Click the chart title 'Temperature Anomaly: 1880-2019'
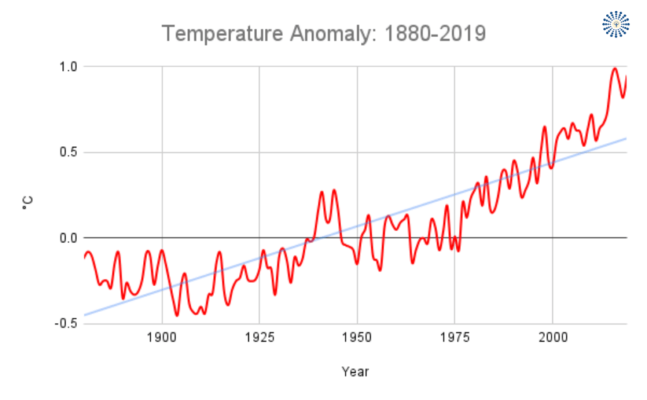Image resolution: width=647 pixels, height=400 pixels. pos(323,33)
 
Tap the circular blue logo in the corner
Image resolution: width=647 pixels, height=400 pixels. pos(615,24)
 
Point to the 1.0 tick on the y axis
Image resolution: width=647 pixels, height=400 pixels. pos(67,66)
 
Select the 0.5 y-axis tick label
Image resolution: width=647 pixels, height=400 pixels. pos(67,152)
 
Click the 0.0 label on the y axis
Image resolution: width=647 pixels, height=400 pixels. pos(67,238)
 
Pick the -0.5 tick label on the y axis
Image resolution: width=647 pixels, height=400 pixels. pos(65,324)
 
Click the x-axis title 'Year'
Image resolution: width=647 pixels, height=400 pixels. pos(355,372)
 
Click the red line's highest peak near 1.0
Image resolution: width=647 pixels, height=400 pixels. pos(614,68)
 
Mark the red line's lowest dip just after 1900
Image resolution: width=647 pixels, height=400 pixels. pos(177,315)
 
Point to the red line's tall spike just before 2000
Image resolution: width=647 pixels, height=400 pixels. pos(544,127)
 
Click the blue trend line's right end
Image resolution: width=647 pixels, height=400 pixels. pos(626,138)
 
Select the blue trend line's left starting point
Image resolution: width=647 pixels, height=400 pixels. pos(85,315)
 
